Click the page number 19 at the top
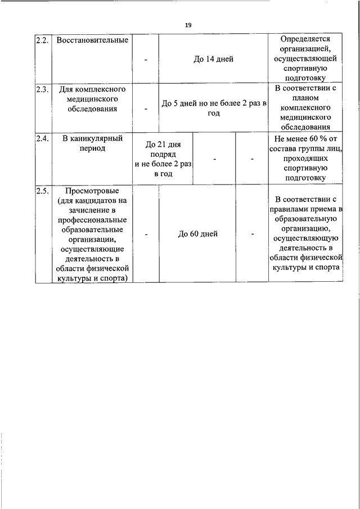[x=188, y=25]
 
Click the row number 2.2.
[x=42, y=40]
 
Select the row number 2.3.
[x=42, y=89]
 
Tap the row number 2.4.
[x=42, y=137]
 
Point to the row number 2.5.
[x=42, y=191]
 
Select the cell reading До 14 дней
[x=213, y=59]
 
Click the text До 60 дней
[x=197, y=234]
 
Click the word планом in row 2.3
[x=306, y=98]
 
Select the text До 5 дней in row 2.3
[x=178, y=103]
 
